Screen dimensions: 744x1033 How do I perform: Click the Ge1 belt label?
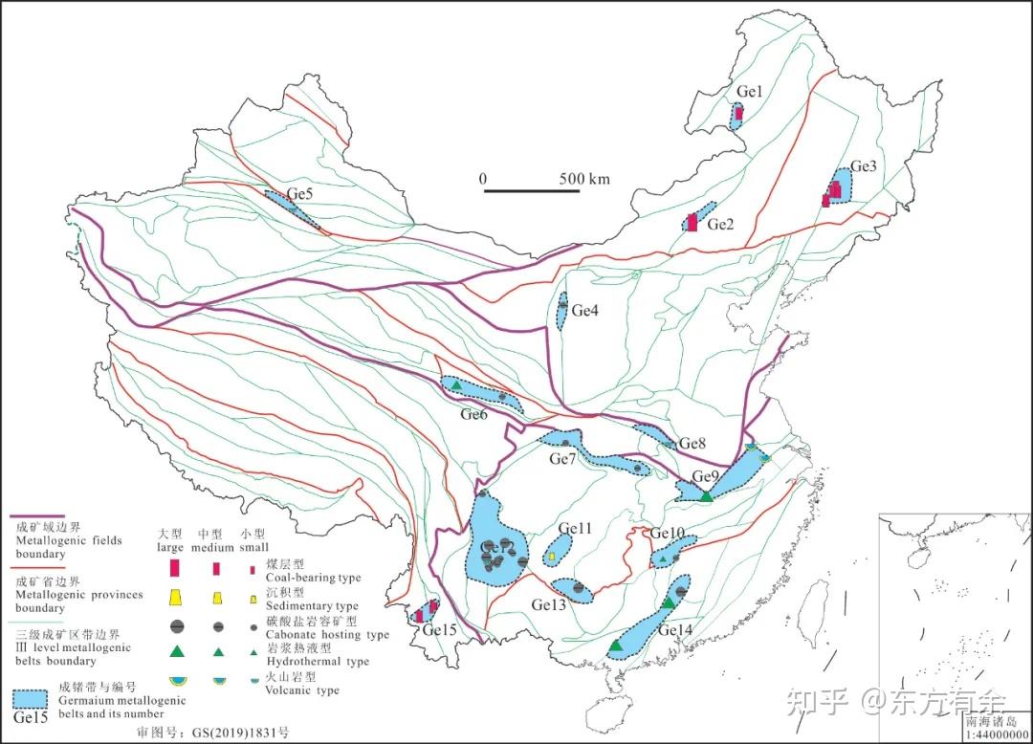pyautogui.click(x=749, y=92)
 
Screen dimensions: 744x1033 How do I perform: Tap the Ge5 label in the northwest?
pyautogui.click(x=300, y=194)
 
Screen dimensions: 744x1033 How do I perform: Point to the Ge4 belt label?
pyautogui.click(x=585, y=310)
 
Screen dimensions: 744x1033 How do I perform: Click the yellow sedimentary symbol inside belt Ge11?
pyautogui.click(x=553, y=557)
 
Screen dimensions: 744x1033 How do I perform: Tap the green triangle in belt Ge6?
pyautogui.click(x=457, y=385)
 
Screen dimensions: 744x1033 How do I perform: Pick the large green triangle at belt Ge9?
pyautogui.click(x=706, y=495)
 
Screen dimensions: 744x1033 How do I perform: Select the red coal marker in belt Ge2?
pyautogui.click(x=692, y=222)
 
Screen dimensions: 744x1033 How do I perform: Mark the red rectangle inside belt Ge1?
pyautogui.click(x=738, y=114)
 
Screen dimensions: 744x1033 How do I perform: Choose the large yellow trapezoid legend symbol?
pyautogui.click(x=175, y=598)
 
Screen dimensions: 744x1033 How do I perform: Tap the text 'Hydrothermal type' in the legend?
pyautogui.click(x=317, y=661)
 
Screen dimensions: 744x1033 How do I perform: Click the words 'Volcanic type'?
pyautogui.click(x=301, y=689)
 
